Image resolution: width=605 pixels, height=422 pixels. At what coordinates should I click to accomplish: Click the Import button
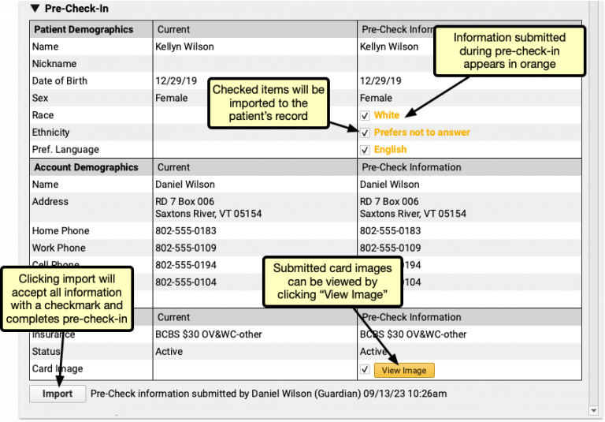(58, 394)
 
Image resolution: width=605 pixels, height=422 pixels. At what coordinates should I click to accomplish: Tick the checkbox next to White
(364, 116)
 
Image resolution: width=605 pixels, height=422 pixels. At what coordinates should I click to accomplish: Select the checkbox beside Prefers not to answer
(364, 133)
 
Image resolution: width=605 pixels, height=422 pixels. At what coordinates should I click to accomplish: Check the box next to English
(364, 150)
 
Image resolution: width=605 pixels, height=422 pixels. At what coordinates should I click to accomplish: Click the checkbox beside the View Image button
(364, 369)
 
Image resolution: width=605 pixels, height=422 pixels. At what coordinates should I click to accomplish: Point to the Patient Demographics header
(83, 30)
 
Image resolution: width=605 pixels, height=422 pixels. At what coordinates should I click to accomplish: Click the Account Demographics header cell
(86, 167)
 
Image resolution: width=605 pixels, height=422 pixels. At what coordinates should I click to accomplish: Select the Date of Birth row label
(60, 81)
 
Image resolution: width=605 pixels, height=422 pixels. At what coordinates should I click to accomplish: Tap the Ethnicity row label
(50, 133)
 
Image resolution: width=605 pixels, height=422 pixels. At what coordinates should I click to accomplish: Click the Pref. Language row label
(65, 150)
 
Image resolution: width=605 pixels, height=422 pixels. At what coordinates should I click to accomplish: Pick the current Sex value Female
(172, 99)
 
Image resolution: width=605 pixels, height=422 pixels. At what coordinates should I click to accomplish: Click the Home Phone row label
(61, 231)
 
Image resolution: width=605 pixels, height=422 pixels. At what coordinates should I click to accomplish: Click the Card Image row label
(58, 369)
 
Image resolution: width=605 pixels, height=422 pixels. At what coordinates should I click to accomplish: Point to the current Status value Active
(169, 352)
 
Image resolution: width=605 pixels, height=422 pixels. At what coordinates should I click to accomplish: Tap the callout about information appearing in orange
(510, 50)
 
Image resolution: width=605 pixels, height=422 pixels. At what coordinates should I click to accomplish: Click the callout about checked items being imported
(269, 103)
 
